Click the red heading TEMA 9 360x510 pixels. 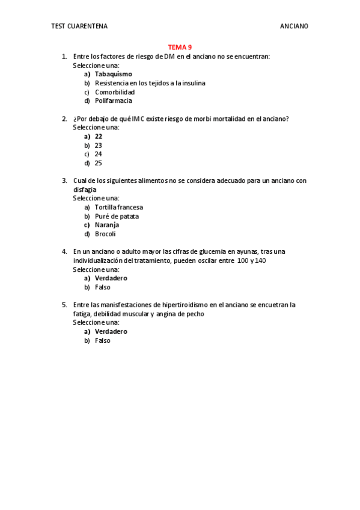(180, 47)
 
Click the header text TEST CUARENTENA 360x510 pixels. (80, 26)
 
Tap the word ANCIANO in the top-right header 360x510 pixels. (294, 26)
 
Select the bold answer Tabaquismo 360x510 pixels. (114, 74)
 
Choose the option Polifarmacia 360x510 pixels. (114, 100)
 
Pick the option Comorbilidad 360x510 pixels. (115, 92)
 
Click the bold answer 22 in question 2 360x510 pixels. (99, 137)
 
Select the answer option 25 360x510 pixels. (99, 163)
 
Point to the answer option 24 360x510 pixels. (99, 154)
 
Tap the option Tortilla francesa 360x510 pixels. (119, 207)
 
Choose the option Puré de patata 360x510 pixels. (117, 216)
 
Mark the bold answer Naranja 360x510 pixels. (107, 225)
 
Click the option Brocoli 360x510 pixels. (105, 234)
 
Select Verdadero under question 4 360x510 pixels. (111, 278)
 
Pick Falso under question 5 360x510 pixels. (103, 340)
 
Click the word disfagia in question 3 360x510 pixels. (85, 189)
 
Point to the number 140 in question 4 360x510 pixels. (260, 260)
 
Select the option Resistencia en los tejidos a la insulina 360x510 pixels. (150, 83)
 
